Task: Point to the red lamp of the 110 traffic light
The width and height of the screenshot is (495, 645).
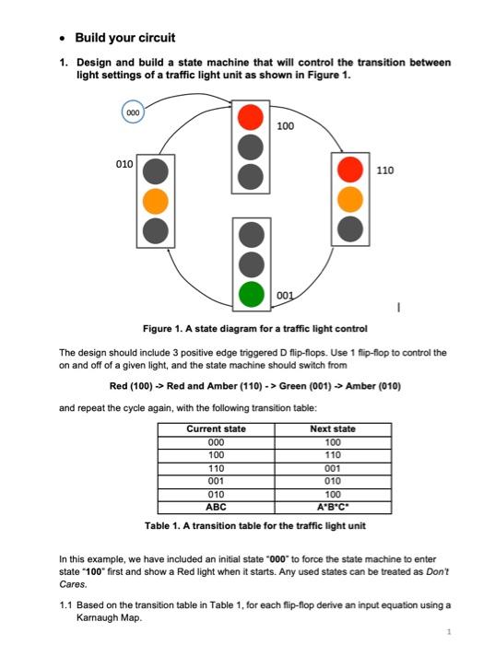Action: pos(348,170)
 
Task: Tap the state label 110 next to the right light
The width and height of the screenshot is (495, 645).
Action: pos(386,171)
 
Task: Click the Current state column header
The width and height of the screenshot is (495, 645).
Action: pos(216,428)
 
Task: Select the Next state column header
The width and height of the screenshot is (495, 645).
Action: pos(333,428)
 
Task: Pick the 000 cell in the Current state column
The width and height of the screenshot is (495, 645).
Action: pos(216,441)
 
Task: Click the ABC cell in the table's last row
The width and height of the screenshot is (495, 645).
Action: pos(216,506)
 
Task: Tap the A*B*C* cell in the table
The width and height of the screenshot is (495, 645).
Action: pos(333,506)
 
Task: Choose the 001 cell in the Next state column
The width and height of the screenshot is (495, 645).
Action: pos(333,467)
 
